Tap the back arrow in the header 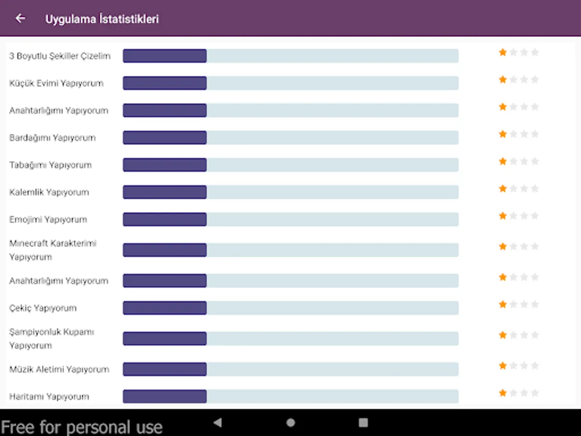[20, 18]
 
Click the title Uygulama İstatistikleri [102, 19]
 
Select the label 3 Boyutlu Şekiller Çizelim [60, 56]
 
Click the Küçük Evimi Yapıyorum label [56, 83]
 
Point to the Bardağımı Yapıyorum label [52, 138]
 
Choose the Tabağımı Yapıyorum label [50, 165]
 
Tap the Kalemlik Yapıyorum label [49, 192]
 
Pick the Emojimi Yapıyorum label [48, 219]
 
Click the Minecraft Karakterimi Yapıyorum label [53, 250]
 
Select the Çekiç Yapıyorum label [43, 308]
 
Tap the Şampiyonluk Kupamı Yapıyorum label [52, 339]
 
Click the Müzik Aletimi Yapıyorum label [59, 369]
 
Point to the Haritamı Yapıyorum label [49, 396]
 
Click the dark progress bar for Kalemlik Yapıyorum [165, 192]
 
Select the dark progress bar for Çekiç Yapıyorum [165, 308]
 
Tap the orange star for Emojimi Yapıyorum [503, 216]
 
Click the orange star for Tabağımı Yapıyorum [503, 161]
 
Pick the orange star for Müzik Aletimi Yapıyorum [503, 365]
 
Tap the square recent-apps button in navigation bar [363, 422]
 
